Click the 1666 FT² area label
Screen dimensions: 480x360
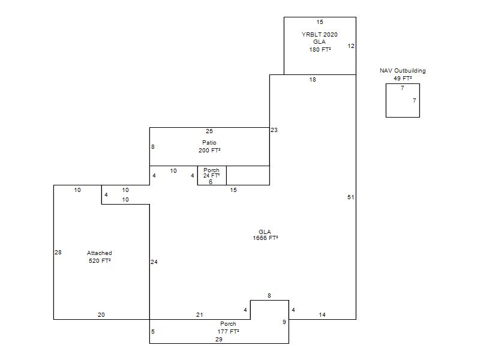tap(265, 238)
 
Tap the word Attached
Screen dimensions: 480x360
tap(100, 253)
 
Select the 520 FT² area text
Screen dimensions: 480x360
tap(100, 261)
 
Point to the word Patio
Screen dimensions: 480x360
tap(209, 143)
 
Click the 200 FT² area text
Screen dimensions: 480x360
tap(209, 151)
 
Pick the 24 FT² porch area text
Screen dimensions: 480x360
tap(212, 176)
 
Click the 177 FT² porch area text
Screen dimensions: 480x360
tap(229, 332)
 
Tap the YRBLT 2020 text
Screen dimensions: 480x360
tap(320, 35)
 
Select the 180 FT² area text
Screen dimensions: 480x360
tap(320, 50)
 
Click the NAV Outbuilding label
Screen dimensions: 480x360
tap(403, 71)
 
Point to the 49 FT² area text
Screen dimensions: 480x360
tap(403, 79)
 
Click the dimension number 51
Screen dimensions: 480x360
tap(351, 197)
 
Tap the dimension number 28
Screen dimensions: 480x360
tap(58, 253)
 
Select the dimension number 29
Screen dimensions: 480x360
tap(219, 340)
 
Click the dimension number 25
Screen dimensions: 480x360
tap(209, 131)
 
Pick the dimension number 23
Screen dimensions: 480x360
tap(274, 130)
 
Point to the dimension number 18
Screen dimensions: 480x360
tap(313, 80)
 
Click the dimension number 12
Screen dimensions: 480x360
tap(351, 46)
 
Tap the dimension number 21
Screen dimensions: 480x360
tap(200, 315)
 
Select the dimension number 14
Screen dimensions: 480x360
tap(322, 315)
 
